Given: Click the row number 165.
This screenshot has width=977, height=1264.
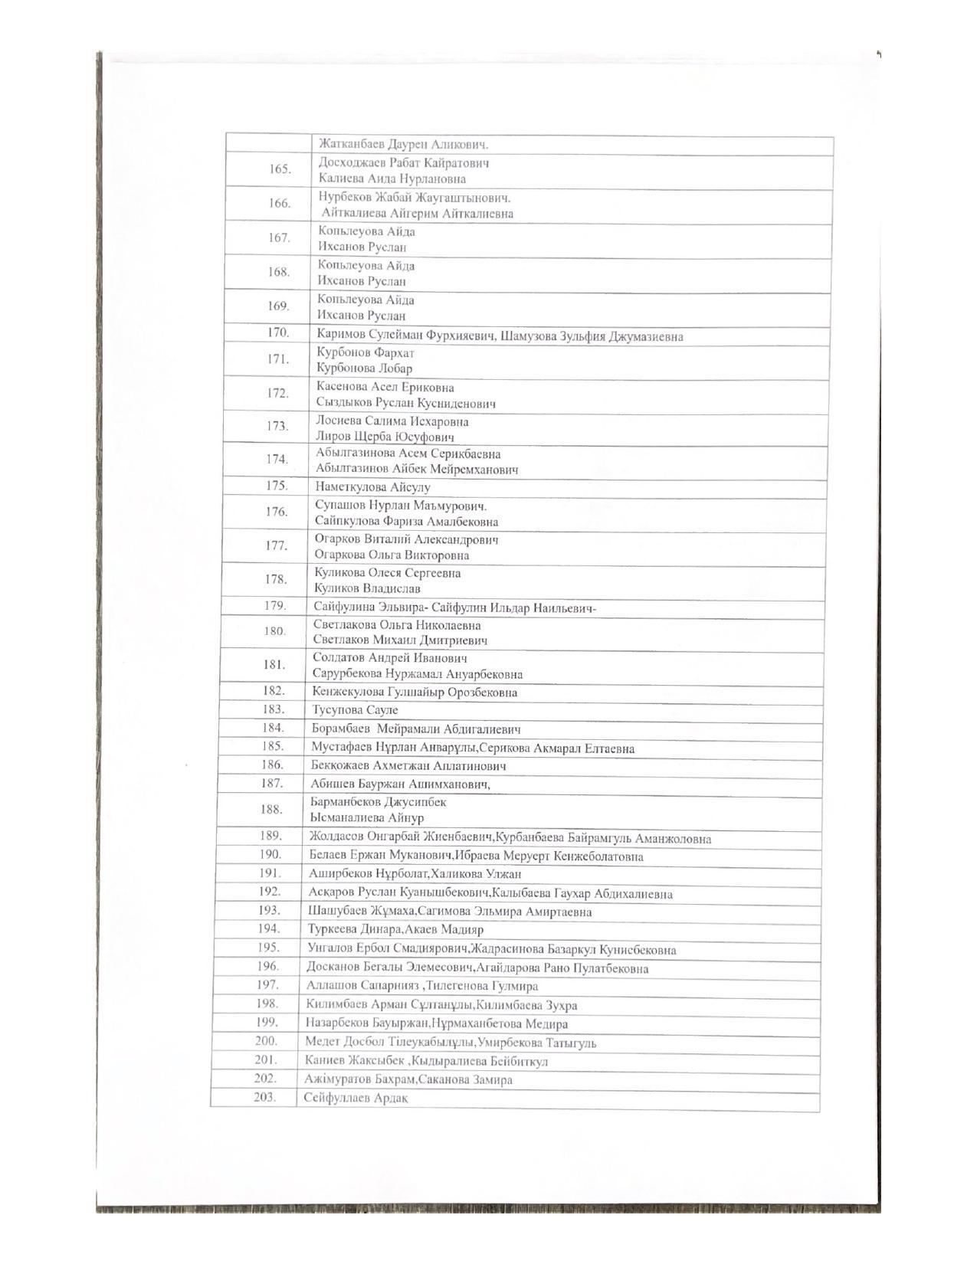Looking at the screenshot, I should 280,169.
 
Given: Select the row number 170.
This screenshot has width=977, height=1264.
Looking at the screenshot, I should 278,332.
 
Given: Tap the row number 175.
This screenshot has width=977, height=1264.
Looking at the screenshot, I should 277,486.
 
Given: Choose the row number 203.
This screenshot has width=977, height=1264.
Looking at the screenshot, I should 265,1097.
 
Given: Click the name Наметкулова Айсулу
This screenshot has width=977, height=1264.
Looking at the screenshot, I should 372,487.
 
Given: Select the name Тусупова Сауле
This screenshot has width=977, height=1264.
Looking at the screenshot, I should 355,710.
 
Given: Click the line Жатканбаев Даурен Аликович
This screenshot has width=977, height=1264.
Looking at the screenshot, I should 404,144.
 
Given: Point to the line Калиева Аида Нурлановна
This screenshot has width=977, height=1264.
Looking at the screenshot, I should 392,179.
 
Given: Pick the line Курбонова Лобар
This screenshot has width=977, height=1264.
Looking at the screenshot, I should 364,368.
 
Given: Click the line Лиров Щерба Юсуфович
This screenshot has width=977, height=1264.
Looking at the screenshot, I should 385,437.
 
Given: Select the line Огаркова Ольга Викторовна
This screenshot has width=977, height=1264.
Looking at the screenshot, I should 392,555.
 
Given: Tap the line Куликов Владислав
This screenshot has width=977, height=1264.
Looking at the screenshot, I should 367,589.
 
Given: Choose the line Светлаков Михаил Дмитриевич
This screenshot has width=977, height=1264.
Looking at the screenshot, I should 400,640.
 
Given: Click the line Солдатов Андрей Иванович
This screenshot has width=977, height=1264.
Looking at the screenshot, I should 390,658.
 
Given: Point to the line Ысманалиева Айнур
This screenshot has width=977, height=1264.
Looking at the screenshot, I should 367,818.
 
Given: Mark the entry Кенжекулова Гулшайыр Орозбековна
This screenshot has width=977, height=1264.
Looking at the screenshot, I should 415,693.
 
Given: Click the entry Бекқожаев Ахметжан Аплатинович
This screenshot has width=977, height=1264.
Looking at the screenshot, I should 408,765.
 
